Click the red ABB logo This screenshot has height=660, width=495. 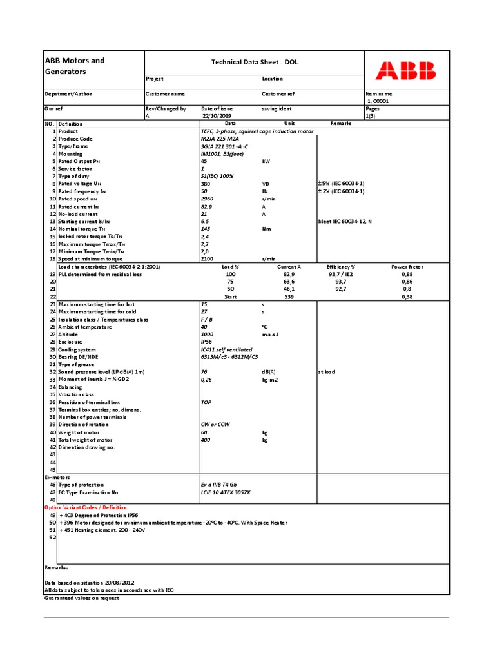tap(405, 71)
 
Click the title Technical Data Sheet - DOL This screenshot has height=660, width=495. tap(255, 63)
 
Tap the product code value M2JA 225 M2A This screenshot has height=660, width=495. tap(220, 139)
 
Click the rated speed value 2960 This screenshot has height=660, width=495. tap(207, 199)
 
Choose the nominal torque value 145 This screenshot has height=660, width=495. tap(206, 229)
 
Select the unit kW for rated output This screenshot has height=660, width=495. tap(265, 161)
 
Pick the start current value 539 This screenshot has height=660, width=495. tap(289, 296)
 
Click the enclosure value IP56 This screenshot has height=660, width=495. tap(207, 342)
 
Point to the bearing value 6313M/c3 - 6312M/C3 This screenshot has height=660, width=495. tap(229, 356)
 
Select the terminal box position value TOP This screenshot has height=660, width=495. tap(206, 402)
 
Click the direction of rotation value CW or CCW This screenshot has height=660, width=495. tap(215, 424)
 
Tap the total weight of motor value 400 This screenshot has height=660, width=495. tap(206, 440)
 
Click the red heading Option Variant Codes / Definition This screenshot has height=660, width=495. tap(86, 507)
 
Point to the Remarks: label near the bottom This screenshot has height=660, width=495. tap(56, 567)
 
